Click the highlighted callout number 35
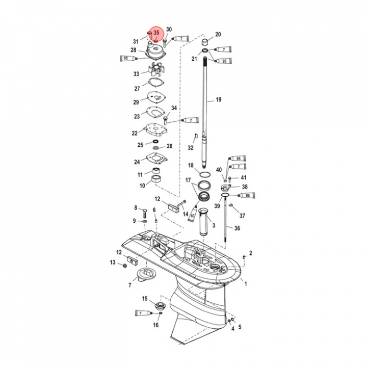coord(156,33)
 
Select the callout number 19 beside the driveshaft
coord(218,100)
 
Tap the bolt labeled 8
coord(145,210)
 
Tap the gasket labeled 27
coord(155,84)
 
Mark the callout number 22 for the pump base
coord(135,133)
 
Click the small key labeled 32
coord(195,135)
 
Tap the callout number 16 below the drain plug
coord(155,325)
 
